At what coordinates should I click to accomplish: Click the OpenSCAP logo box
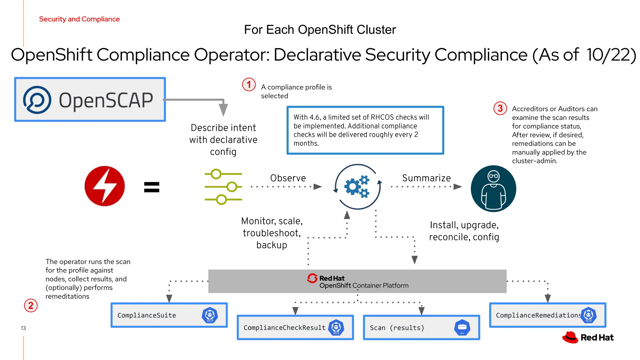(90, 99)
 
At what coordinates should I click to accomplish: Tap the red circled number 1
(249, 85)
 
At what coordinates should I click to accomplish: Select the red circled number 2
(31, 305)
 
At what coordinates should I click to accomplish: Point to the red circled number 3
(500, 108)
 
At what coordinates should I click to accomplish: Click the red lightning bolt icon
(105, 186)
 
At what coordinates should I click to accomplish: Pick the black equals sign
(152, 187)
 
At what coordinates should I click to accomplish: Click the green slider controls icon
(223, 187)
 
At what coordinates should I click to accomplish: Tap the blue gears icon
(357, 187)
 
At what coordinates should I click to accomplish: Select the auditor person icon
(493, 188)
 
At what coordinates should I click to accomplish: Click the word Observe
(288, 178)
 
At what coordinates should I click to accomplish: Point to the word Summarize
(426, 178)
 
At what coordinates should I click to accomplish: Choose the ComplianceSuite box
(169, 315)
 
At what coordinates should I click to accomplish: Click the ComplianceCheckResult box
(295, 327)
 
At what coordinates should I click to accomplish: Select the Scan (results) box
(421, 327)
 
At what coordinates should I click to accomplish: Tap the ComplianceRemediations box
(547, 315)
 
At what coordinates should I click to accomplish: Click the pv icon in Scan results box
(462, 327)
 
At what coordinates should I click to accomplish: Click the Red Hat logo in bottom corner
(587, 337)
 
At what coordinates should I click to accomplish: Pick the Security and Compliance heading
(79, 19)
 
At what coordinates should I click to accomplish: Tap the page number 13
(23, 328)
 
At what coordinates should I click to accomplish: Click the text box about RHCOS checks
(365, 130)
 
